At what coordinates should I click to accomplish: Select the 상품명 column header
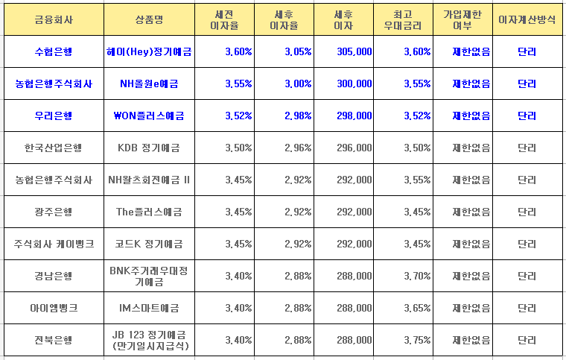pyautogui.click(x=149, y=19)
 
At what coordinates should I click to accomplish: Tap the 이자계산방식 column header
pyautogui.click(x=527, y=19)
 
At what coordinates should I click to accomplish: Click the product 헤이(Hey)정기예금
pyautogui.click(x=149, y=51)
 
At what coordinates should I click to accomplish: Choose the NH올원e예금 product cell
pyautogui.click(x=149, y=83)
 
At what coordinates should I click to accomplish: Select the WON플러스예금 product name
pyautogui.click(x=149, y=116)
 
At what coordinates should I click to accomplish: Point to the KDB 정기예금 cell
pyautogui.click(x=149, y=148)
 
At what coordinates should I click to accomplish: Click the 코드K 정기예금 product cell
pyautogui.click(x=149, y=244)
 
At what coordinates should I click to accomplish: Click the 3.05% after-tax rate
pyautogui.click(x=297, y=51)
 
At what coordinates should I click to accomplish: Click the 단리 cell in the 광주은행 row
pyautogui.click(x=527, y=212)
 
